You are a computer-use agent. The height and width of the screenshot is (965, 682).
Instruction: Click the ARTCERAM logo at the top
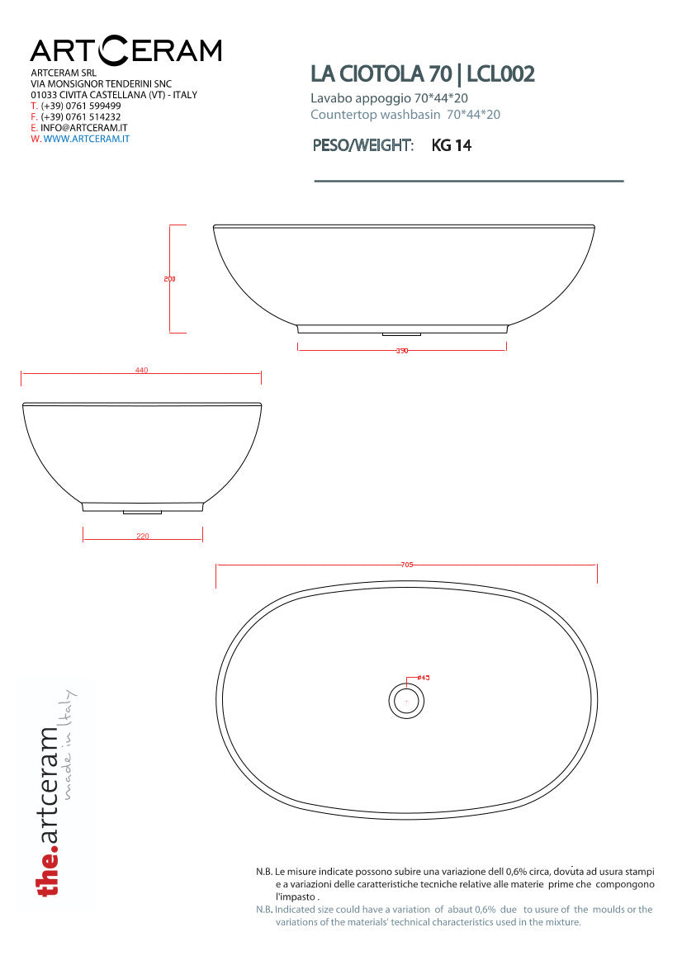126,51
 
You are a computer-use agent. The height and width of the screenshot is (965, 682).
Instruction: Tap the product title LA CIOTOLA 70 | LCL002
422,74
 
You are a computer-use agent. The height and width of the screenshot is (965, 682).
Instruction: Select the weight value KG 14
451,146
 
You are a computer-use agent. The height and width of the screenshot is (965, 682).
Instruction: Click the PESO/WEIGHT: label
362,146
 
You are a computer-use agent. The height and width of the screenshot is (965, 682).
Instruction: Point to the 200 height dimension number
170,279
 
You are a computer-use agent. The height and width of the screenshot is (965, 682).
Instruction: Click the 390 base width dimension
402,351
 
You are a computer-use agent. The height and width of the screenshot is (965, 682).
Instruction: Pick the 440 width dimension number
141,371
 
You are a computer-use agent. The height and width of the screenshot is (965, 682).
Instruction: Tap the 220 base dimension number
142,537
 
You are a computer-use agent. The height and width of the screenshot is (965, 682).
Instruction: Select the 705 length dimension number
406,565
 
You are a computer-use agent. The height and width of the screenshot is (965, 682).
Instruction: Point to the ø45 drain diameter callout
423,678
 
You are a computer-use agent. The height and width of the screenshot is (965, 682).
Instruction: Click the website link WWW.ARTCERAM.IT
86,139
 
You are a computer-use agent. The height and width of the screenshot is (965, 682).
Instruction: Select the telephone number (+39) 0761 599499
81,106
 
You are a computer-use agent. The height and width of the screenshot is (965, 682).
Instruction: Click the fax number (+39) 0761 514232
81,117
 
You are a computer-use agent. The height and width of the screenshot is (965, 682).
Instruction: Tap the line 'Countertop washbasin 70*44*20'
405,115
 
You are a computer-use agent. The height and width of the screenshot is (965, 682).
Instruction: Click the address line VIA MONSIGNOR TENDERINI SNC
101,84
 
